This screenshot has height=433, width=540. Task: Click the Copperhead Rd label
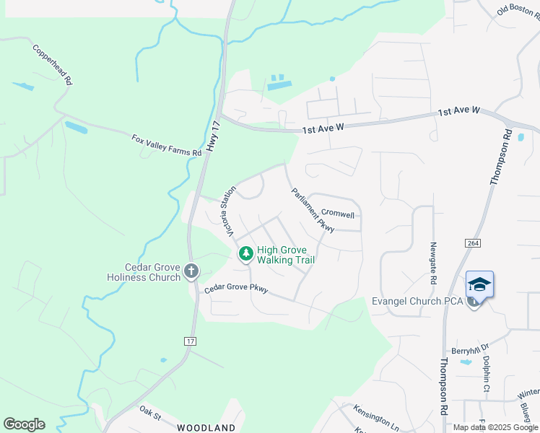click(51, 66)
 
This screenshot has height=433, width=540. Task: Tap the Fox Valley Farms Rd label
click(166, 145)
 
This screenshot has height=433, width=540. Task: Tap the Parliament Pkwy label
click(313, 210)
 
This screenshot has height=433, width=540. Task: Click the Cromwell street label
click(338, 214)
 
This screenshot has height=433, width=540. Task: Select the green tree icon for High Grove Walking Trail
click(246, 253)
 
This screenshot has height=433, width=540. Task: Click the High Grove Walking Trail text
click(286, 255)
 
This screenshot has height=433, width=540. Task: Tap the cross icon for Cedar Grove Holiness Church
click(191, 271)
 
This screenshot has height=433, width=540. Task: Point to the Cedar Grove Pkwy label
click(236, 289)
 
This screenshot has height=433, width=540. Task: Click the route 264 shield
click(473, 245)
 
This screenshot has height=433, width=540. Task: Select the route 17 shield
click(191, 340)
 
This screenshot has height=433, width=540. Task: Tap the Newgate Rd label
click(433, 263)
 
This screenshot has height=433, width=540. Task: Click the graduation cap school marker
click(479, 284)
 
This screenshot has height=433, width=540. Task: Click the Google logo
click(24, 424)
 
